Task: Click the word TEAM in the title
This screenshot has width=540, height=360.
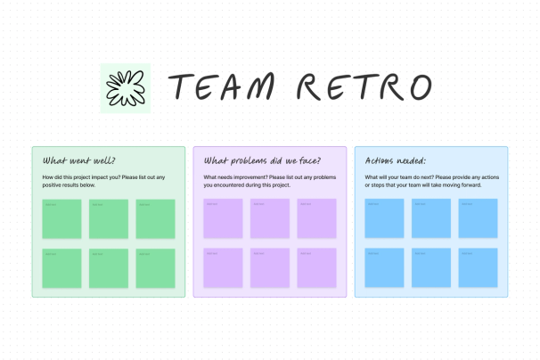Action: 225,86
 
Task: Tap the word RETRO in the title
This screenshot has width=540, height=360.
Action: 364,86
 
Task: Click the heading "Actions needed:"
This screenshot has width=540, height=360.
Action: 396,161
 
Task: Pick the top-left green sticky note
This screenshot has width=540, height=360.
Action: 61,219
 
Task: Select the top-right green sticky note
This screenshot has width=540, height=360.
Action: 156,219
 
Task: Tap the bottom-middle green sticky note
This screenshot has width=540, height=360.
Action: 109,267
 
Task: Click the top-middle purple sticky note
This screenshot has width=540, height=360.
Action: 270,219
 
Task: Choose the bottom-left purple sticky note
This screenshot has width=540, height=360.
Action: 223,267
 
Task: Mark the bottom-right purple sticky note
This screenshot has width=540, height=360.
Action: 317,267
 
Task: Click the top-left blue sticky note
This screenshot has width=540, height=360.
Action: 384,219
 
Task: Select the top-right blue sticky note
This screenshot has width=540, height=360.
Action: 478,219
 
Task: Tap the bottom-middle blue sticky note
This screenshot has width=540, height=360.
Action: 431,267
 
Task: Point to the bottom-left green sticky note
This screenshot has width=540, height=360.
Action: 61,267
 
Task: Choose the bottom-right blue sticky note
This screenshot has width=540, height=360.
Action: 478,267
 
